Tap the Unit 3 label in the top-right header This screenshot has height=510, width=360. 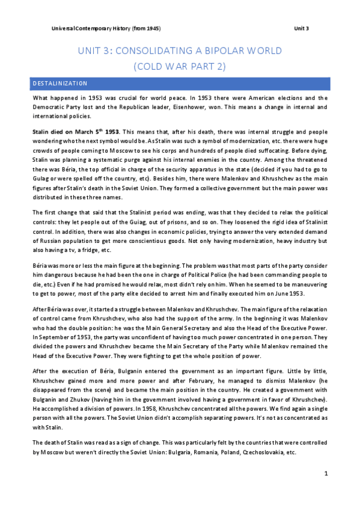(301, 29)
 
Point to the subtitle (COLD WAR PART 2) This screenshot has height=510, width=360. (179, 66)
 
